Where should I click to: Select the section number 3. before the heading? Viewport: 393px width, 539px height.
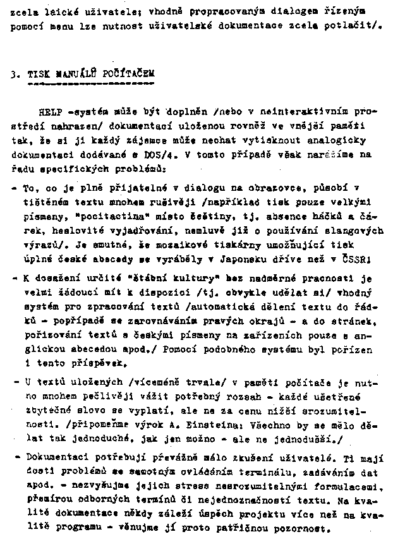[15, 73]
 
